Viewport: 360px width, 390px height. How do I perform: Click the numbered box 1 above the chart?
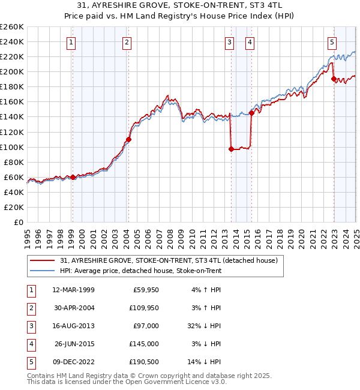(x=71, y=42)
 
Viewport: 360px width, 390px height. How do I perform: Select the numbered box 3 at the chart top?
(x=230, y=42)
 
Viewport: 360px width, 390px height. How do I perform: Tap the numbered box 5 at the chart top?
(x=332, y=42)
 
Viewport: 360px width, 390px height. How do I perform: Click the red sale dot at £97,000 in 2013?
(x=231, y=149)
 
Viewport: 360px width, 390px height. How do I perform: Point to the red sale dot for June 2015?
(x=251, y=113)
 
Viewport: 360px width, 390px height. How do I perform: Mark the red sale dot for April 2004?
(x=128, y=140)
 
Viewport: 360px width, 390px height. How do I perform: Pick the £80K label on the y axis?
(x=14, y=162)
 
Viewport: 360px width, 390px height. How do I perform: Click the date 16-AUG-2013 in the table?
(x=73, y=326)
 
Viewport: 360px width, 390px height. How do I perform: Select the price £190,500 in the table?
(x=144, y=362)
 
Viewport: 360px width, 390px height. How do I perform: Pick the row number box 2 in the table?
(x=30, y=308)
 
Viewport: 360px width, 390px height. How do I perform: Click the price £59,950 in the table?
(x=146, y=290)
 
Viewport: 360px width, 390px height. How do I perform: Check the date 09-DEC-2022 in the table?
(x=73, y=362)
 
